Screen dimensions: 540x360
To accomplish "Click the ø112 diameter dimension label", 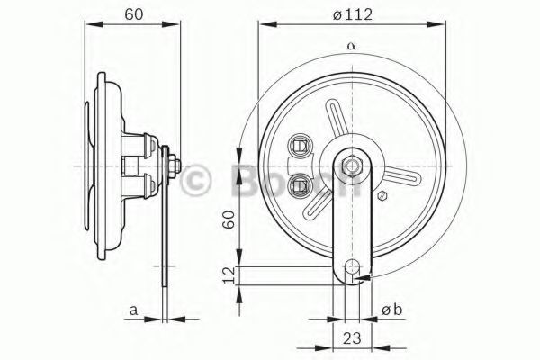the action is pyautogui.click(x=353, y=14).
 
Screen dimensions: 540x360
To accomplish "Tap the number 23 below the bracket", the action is pyautogui.click(x=352, y=338).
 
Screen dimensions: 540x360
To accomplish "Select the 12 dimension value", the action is pyautogui.click(x=229, y=274).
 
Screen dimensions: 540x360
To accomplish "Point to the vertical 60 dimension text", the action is pyautogui.click(x=229, y=220).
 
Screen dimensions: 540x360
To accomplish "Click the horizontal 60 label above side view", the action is pyautogui.click(x=133, y=14).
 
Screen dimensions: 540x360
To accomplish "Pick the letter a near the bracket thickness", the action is pyautogui.click(x=133, y=310).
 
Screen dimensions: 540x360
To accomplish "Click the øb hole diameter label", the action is pyautogui.click(x=391, y=310).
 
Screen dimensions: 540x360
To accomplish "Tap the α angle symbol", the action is pyautogui.click(x=351, y=46).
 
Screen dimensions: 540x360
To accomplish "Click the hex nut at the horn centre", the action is pyautogui.click(x=352, y=166).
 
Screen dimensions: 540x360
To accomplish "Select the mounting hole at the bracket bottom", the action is pyautogui.click(x=352, y=266).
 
